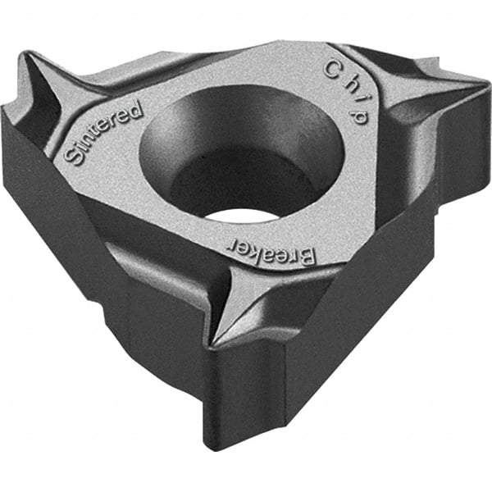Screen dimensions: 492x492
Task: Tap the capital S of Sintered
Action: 75,156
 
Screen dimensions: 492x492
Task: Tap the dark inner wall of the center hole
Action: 205,139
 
